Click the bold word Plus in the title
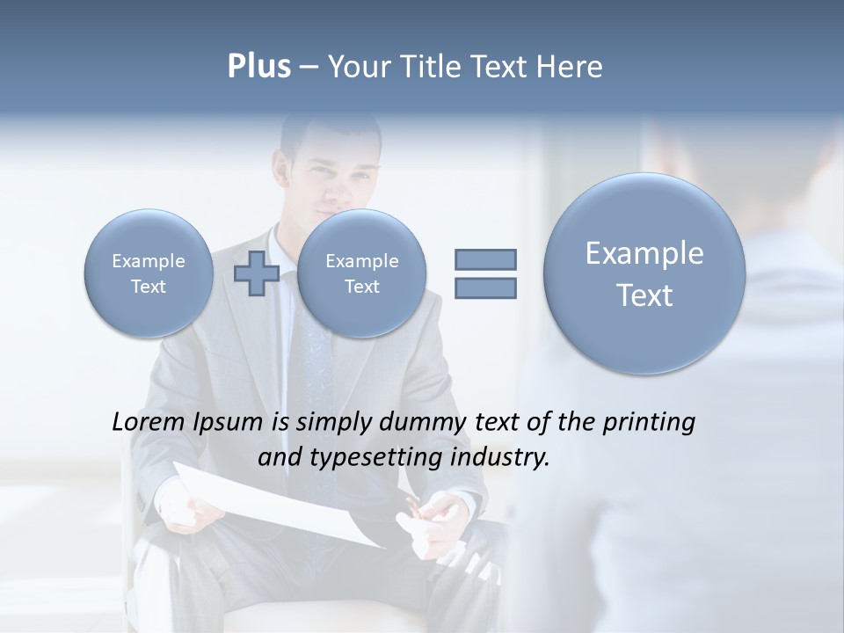coord(258,67)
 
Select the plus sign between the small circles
coord(256,273)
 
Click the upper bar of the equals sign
coord(485,259)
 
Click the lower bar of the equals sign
coord(485,287)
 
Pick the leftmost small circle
coord(149,273)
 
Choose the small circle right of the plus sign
coord(361,273)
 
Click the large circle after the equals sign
coord(644,273)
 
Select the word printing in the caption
coord(648,422)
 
